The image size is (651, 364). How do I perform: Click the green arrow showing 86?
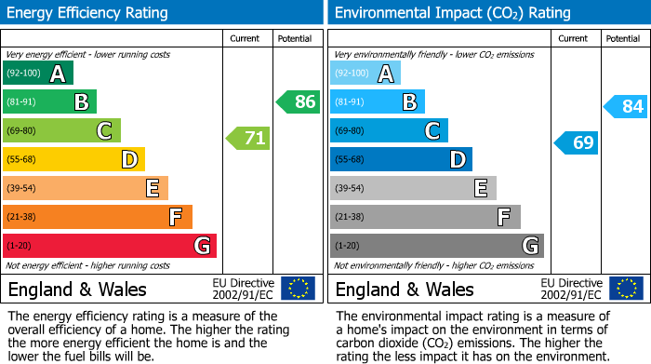point(299,102)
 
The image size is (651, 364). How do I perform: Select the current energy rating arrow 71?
point(248,139)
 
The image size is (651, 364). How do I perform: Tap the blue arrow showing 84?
point(626,106)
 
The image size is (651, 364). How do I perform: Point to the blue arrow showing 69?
point(577,142)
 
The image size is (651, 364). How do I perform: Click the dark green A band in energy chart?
point(38,74)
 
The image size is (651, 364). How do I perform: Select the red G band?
point(110,246)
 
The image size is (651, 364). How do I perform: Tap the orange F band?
point(98,217)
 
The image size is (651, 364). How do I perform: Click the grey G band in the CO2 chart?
point(437,246)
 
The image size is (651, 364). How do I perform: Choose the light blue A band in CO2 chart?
point(365,74)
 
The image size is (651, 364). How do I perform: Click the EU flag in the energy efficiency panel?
point(299,288)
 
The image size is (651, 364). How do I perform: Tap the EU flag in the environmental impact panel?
point(626,288)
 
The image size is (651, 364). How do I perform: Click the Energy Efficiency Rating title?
point(88,13)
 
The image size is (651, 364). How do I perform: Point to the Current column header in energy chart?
point(246,38)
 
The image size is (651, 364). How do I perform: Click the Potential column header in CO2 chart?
point(623,38)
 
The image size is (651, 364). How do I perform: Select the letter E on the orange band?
point(152,188)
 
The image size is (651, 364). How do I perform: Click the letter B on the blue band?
point(408,102)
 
